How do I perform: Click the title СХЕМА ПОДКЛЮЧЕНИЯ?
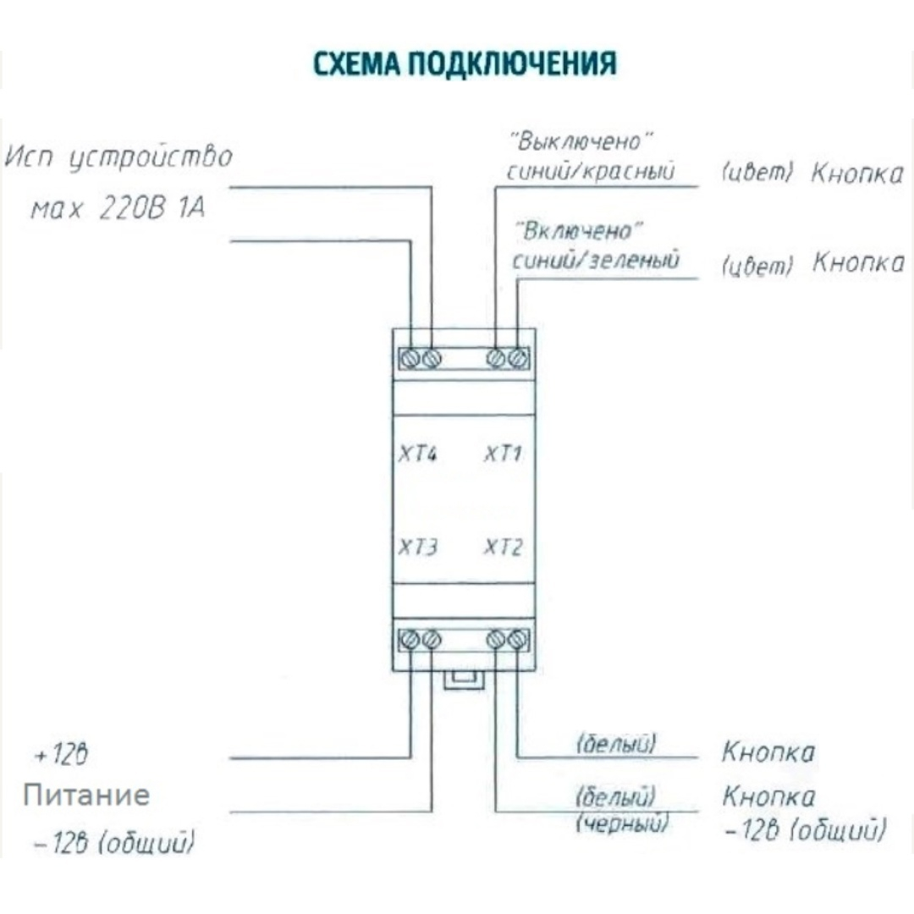pyautogui.click(x=465, y=64)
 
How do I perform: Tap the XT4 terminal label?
pyautogui.click(x=418, y=454)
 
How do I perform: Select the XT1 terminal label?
pyautogui.click(x=503, y=454)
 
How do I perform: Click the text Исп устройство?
pyautogui.click(x=118, y=158)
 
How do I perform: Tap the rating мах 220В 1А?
pyautogui.click(x=118, y=208)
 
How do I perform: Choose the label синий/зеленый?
pyautogui.click(x=595, y=260)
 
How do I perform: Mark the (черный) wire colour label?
pyautogui.click(x=621, y=823)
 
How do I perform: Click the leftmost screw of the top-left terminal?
pyautogui.click(x=410, y=359)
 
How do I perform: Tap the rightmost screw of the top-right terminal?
pyautogui.click(x=519, y=359)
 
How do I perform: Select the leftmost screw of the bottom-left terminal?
pyautogui.click(x=410, y=640)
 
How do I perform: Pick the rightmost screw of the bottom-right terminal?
pyautogui.click(x=519, y=640)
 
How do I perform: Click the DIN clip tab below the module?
pyautogui.click(x=464, y=680)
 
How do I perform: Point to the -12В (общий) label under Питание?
pyautogui.click(x=115, y=843)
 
